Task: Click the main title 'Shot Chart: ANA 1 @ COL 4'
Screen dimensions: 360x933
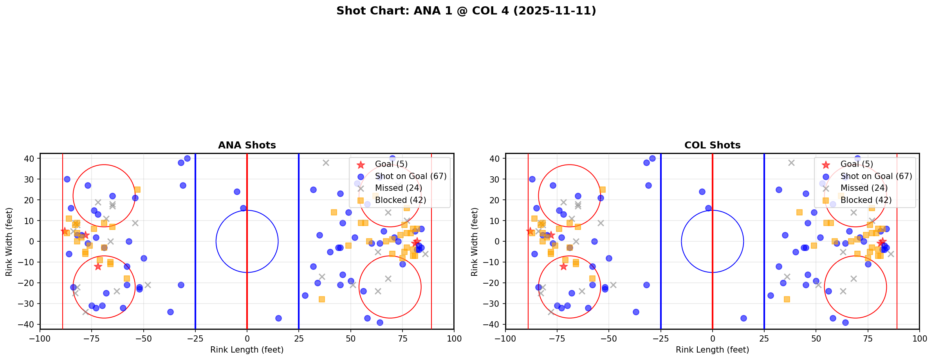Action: [x=466, y=11]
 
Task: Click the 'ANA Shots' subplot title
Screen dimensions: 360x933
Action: [x=247, y=145]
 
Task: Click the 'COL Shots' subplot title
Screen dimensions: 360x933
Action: [x=712, y=145]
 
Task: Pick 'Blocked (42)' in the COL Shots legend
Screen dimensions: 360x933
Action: [x=866, y=200]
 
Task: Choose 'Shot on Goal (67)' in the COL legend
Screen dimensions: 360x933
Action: [x=876, y=176]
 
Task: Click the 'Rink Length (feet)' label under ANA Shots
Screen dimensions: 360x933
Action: [x=247, y=350]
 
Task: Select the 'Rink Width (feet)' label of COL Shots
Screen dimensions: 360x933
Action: [x=475, y=242]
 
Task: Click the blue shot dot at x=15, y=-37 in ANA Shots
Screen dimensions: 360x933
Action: [x=278, y=318]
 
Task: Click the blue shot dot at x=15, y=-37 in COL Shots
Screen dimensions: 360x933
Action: [x=744, y=318]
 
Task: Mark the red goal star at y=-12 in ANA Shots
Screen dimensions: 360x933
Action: [x=98, y=266]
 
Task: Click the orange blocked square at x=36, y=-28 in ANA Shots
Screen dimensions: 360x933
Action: [x=321, y=299]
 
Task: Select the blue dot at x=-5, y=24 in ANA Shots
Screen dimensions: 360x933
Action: [x=237, y=192]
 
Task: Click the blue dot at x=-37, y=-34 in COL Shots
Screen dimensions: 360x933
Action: [x=636, y=312]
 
